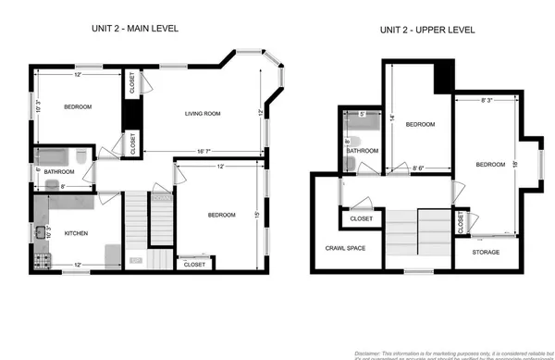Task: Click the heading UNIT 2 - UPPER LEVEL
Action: point(426,30)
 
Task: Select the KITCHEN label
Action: point(76,233)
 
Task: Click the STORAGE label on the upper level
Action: point(486,252)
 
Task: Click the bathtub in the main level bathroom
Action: point(52,155)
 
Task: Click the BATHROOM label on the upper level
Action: point(363,151)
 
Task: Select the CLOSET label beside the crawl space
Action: point(362,219)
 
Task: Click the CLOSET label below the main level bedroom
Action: point(194,265)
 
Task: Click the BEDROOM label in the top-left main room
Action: point(78,107)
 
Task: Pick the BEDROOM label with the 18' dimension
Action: point(490,165)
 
